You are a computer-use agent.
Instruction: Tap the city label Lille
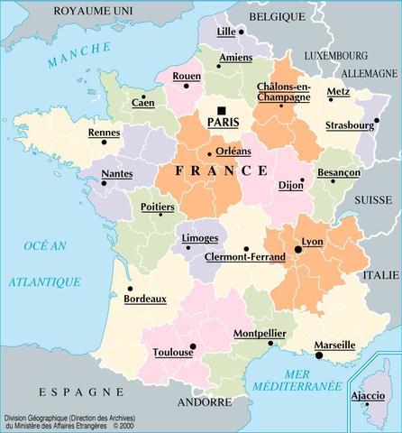click(225, 31)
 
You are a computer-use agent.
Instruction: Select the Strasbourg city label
click(349, 124)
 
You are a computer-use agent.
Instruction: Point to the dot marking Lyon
click(297, 250)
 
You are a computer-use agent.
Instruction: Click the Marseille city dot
click(319, 355)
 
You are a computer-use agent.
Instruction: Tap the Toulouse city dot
click(193, 345)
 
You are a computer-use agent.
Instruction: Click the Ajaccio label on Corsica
click(367, 395)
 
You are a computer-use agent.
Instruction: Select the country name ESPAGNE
click(81, 392)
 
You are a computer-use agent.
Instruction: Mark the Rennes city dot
click(104, 142)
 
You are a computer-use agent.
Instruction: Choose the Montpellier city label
click(260, 334)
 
